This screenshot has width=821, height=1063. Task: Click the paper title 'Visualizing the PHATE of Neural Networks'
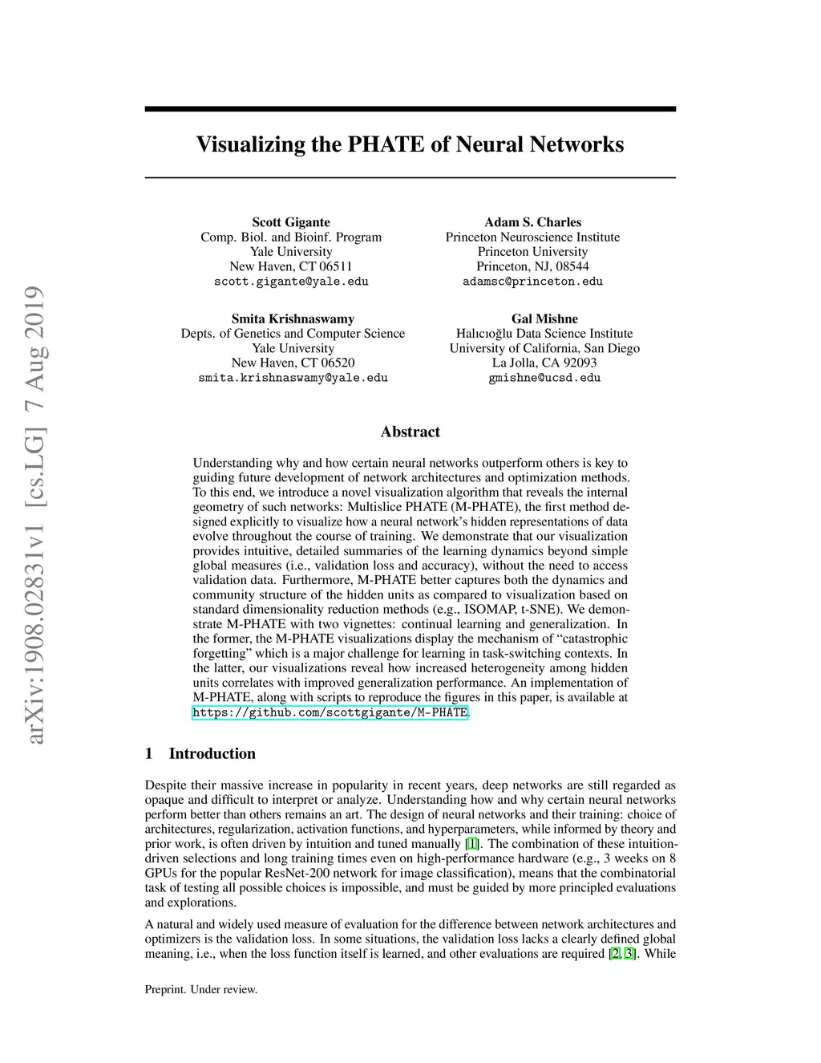tap(410, 145)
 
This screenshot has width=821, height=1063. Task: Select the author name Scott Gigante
tap(291, 222)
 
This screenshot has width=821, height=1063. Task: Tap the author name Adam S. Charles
tap(532, 222)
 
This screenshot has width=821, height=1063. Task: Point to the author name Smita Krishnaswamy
tap(293, 318)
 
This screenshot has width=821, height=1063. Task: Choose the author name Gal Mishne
tap(544, 318)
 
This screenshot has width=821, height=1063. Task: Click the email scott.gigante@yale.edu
tap(291, 282)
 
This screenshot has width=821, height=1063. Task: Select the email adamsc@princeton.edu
tap(532, 282)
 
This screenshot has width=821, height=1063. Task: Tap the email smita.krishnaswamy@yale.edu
tap(293, 378)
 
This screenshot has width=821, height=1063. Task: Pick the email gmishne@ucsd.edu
tap(544, 378)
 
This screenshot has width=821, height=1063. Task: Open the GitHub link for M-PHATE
tap(330, 712)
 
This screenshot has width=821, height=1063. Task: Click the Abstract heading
tap(410, 432)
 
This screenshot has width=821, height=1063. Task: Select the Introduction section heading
tap(212, 753)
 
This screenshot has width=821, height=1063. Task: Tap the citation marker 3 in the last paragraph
tap(629, 954)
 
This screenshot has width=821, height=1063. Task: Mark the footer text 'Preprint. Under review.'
tap(201, 989)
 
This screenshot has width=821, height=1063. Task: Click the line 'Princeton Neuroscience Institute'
tap(532, 237)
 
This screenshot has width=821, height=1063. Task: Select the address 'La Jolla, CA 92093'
tap(544, 363)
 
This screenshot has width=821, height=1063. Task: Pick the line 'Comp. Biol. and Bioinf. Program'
tap(291, 237)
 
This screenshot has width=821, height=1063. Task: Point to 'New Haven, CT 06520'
tap(293, 363)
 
